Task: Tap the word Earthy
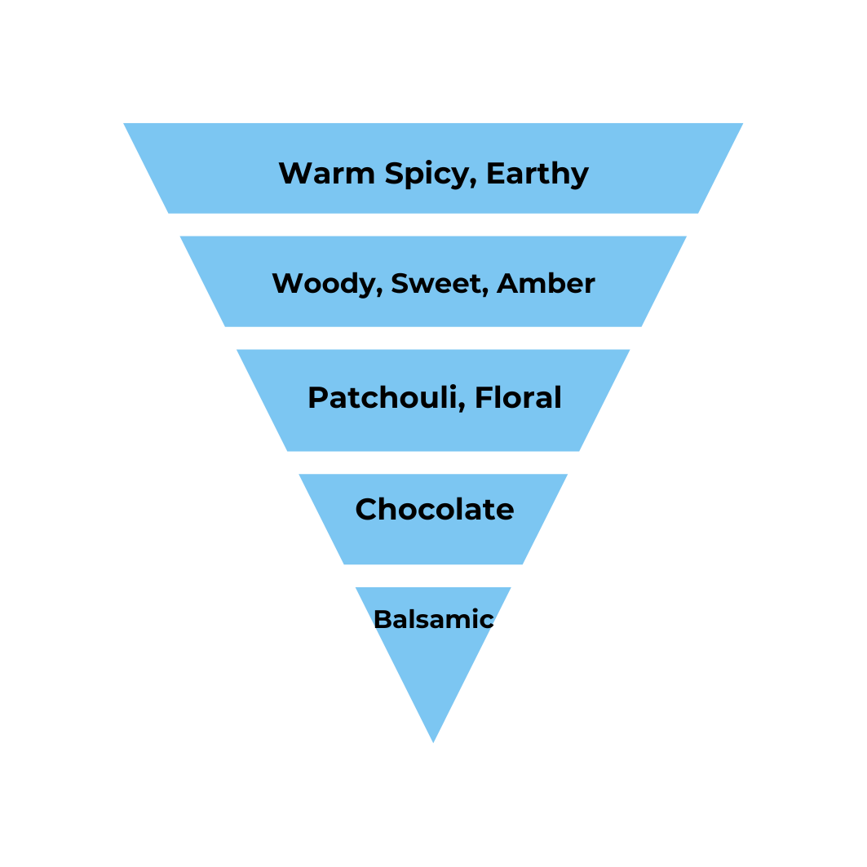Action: pos(537,175)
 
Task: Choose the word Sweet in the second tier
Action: pos(436,284)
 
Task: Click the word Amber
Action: pos(546,284)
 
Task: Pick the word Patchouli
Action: pos(383,398)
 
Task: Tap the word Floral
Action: pos(518,398)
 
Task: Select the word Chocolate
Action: pos(435,510)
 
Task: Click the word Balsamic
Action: pos(433,620)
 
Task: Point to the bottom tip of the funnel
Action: pos(433,741)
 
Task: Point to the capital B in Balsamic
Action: pos(382,620)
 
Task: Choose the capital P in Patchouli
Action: pos(318,398)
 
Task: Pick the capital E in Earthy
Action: pos(495,173)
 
